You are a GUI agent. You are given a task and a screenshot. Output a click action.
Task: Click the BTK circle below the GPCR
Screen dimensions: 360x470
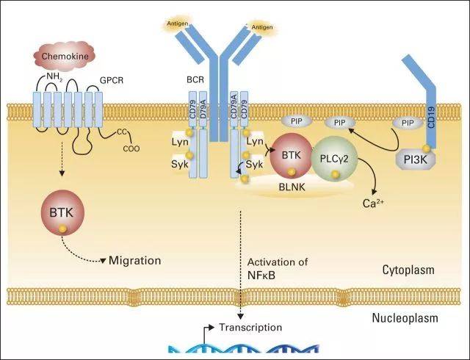[63, 212]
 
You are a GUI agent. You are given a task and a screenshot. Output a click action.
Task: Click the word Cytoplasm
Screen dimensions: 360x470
[408, 270]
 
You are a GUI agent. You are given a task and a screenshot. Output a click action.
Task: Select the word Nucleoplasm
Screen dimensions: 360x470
[404, 319]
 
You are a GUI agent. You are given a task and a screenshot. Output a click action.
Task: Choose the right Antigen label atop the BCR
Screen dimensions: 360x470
[262, 27]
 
